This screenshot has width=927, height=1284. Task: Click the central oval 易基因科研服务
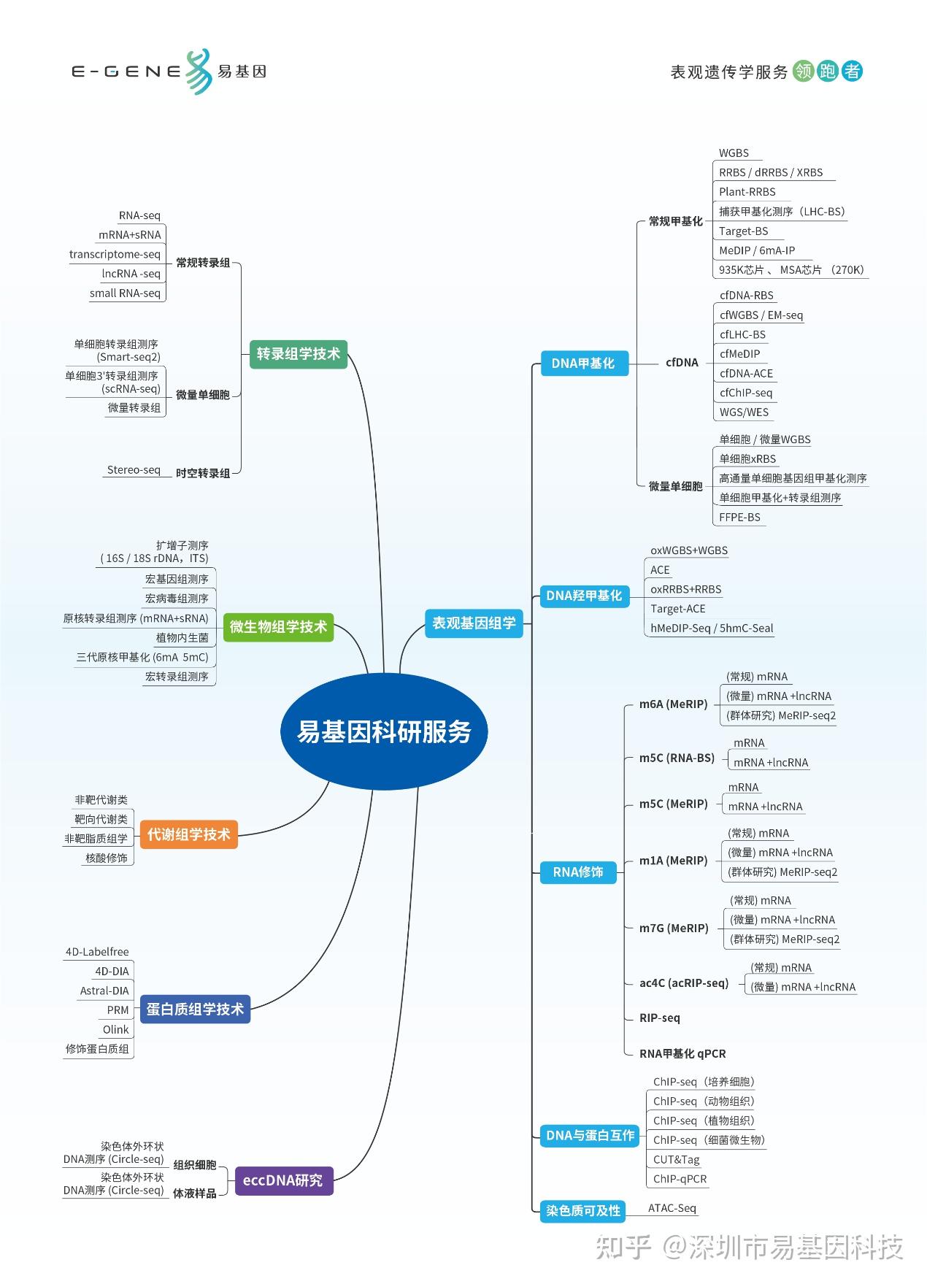(x=384, y=731)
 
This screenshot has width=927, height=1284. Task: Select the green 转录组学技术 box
(x=298, y=354)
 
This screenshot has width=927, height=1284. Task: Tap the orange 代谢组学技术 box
(x=188, y=834)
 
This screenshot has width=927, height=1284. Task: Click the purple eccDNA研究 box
(x=282, y=1180)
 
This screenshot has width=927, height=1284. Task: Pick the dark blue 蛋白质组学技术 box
(x=195, y=1009)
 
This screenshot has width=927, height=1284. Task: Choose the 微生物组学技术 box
(x=278, y=626)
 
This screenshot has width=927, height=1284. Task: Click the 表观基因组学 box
(x=474, y=623)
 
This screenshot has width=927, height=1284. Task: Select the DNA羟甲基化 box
(x=584, y=596)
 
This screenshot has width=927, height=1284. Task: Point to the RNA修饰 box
(x=577, y=872)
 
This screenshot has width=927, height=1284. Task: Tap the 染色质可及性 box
(x=583, y=1210)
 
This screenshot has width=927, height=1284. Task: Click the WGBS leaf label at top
(x=734, y=153)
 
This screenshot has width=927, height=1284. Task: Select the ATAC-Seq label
(x=672, y=1208)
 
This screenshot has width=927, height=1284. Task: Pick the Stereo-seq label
(x=134, y=470)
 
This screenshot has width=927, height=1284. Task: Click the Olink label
(x=116, y=1029)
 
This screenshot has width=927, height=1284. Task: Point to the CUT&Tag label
(x=676, y=1159)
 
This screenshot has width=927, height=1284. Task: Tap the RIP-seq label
(x=659, y=1018)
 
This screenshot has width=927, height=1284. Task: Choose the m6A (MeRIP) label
(x=673, y=704)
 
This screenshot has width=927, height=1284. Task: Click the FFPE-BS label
(x=739, y=517)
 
